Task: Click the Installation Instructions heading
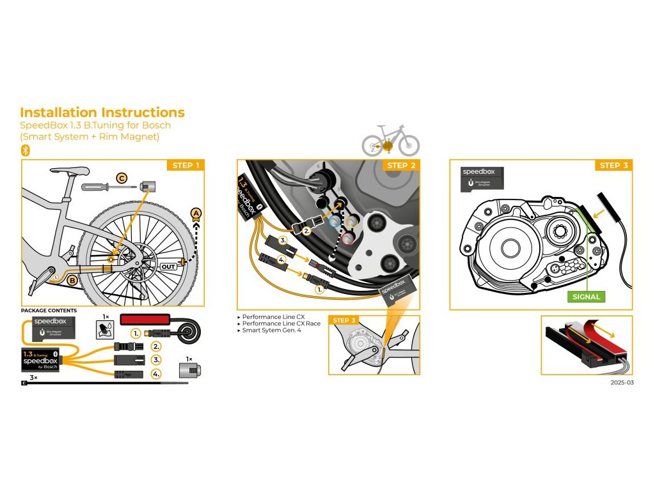pyautogui.click(x=102, y=113)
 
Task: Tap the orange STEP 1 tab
pyautogui.click(x=186, y=166)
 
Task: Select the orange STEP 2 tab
pyautogui.click(x=402, y=166)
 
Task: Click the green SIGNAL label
pyautogui.click(x=586, y=297)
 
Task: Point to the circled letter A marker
pyautogui.click(x=196, y=213)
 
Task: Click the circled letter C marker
pyautogui.click(x=122, y=178)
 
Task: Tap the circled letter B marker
pyautogui.click(x=73, y=279)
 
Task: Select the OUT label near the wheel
pyautogui.click(x=168, y=266)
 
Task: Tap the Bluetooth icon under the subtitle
pyautogui.click(x=26, y=150)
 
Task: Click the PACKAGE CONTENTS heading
pyautogui.click(x=49, y=311)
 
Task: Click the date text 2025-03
pyautogui.click(x=622, y=383)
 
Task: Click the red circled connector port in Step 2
pyautogui.click(x=347, y=239)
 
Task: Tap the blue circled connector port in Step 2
pyautogui.click(x=333, y=222)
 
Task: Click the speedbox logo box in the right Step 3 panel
pyautogui.click(x=482, y=178)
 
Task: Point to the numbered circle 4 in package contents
pyautogui.click(x=156, y=374)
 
